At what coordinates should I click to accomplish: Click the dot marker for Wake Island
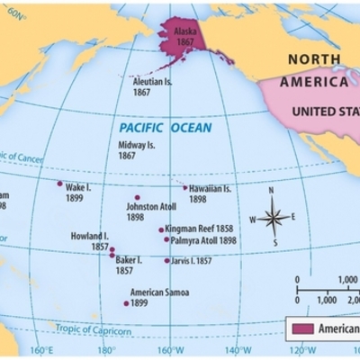(x=60, y=184)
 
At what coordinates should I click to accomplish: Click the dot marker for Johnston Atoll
(x=138, y=197)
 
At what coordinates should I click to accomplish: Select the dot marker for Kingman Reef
(x=162, y=229)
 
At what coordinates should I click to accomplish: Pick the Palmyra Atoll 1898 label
(x=203, y=240)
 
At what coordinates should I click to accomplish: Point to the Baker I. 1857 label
(x=134, y=265)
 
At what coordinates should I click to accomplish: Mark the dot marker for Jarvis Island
(x=166, y=261)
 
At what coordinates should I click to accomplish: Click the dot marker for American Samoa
(x=127, y=303)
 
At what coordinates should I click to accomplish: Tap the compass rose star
(x=275, y=217)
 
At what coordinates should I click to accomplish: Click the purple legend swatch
(x=302, y=328)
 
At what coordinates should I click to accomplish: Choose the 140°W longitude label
(x=236, y=351)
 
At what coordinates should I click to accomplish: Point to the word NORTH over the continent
(x=315, y=59)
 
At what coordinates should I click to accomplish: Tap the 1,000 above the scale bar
(x=348, y=280)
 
